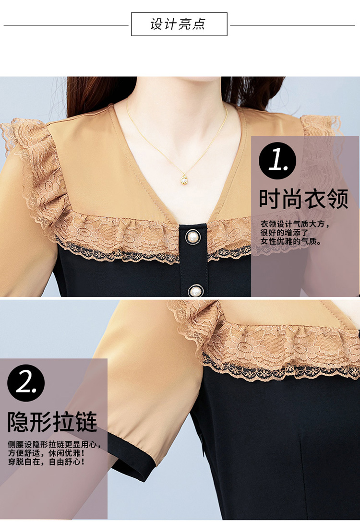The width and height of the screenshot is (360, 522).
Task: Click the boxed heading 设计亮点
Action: pyautogui.click(x=179, y=24)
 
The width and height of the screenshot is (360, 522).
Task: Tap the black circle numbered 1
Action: pyautogui.click(x=277, y=161)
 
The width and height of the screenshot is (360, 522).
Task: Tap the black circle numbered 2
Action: pyautogui.click(x=26, y=383)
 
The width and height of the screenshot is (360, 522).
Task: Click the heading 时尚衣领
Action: pyautogui.click(x=304, y=199)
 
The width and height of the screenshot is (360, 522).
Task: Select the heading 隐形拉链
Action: pyautogui.click(x=52, y=422)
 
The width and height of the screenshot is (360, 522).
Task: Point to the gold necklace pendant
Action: pyautogui.click(x=184, y=179)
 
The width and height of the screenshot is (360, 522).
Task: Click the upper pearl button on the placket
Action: pyautogui.click(x=193, y=237)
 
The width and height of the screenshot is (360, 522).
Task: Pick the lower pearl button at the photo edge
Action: pyautogui.click(x=195, y=291)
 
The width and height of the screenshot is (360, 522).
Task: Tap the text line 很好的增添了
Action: pyautogui.click(x=285, y=233)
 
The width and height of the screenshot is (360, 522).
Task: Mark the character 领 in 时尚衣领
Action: pyautogui.click(x=338, y=199)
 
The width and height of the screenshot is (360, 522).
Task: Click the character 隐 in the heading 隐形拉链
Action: pyautogui.click(x=18, y=422)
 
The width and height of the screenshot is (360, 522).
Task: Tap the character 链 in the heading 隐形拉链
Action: pyautogui.click(x=86, y=422)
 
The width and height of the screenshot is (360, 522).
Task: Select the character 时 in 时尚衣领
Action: pyautogui.click(x=270, y=199)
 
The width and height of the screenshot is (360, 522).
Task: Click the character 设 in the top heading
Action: pyautogui.click(x=156, y=24)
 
